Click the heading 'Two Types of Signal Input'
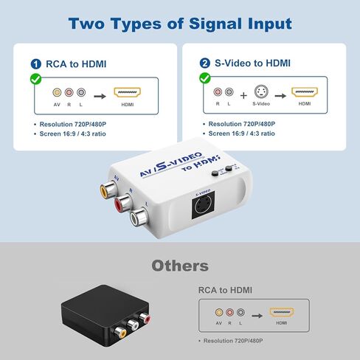180,23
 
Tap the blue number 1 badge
36,64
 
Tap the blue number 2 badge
204,64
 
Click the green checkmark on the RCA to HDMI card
34,77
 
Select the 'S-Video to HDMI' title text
246,64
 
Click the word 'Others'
180,266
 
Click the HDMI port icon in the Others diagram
282,313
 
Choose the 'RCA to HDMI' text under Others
227,290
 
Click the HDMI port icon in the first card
127,94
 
